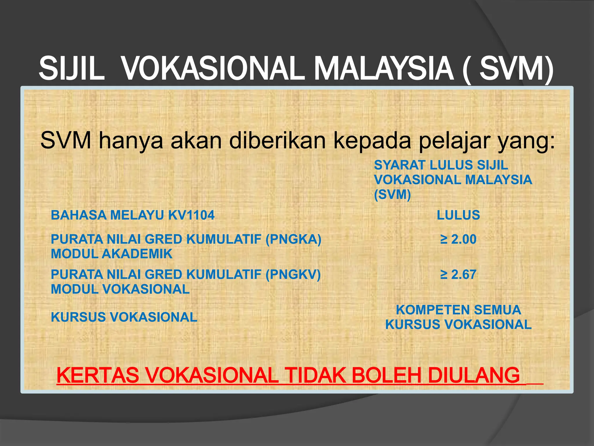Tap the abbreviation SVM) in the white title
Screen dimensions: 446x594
516,69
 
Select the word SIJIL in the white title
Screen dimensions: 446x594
71,69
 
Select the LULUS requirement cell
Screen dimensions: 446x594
458,215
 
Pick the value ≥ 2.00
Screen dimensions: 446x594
458,239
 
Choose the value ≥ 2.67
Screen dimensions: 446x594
458,274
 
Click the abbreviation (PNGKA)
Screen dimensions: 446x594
293,239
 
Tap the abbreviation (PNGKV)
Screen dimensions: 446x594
293,274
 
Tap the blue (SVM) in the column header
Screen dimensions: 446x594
392,195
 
